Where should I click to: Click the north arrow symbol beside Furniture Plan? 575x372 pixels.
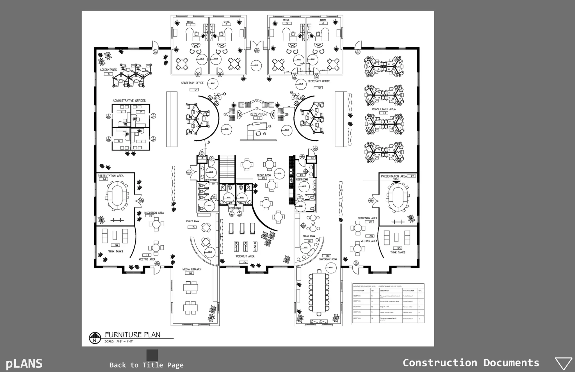[x=95, y=338]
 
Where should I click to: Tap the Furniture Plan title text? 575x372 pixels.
[x=133, y=335]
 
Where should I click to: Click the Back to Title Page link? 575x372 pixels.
[x=147, y=365]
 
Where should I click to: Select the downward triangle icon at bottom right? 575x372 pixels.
[x=563, y=364]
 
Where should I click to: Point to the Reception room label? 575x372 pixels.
[x=258, y=114]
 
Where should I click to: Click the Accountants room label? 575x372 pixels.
[x=108, y=70]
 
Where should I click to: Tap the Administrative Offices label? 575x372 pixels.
[x=129, y=101]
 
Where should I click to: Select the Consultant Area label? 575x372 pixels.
[x=384, y=109]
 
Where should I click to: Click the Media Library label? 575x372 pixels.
[x=192, y=269]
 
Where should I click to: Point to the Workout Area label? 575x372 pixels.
[x=245, y=256]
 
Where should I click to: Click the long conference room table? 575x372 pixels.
[x=319, y=292]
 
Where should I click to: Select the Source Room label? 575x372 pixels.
[x=192, y=222]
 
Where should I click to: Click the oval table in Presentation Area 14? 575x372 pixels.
[x=117, y=194]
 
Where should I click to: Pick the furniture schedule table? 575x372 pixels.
[x=388, y=303]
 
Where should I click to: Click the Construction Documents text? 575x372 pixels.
[x=471, y=363]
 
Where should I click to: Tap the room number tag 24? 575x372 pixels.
[x=245, y=262]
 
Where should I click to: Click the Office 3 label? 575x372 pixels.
[x=286, y=20]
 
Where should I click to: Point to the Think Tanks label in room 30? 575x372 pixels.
[x=398, y=252]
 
